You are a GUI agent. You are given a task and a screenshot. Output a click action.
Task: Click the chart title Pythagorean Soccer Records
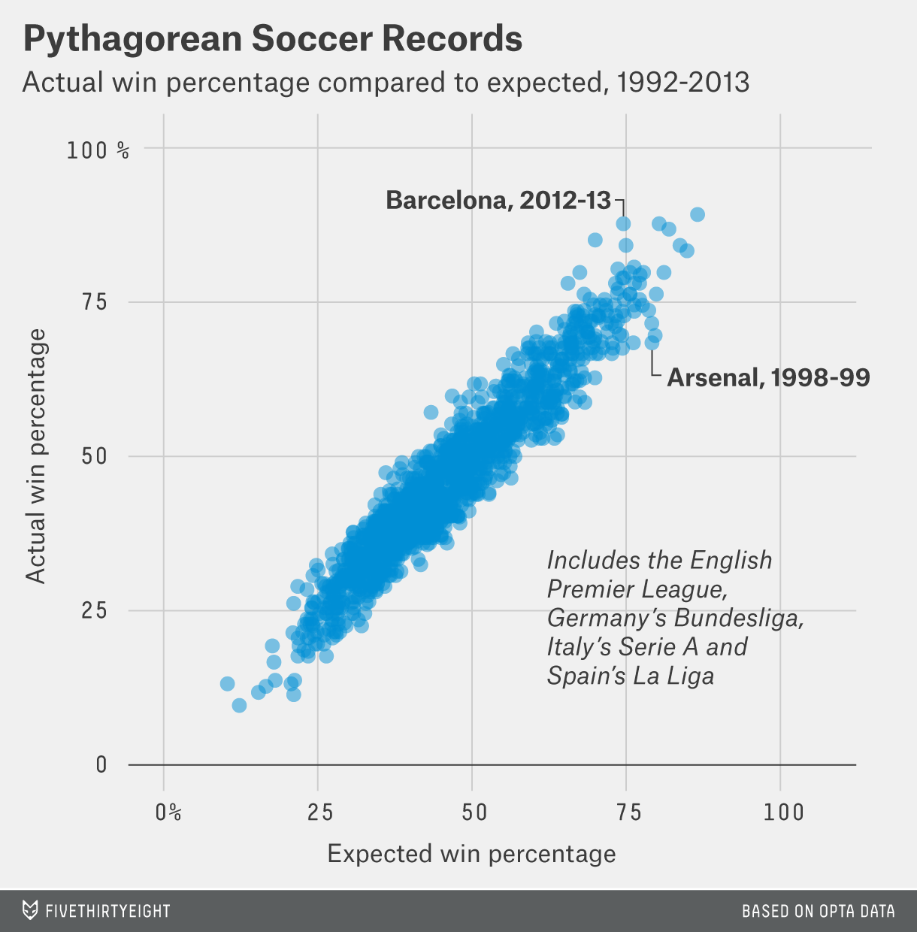[273, 39]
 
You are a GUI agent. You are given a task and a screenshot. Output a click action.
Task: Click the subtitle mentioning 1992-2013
[386, 82]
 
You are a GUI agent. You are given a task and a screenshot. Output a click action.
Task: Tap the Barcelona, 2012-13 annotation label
[498, 201]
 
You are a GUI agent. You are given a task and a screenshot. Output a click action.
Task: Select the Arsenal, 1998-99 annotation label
[768, 377]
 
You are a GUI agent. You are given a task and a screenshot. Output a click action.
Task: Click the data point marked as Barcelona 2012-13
[623, 224]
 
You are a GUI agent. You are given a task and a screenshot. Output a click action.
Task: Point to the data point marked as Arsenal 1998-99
[652, 343]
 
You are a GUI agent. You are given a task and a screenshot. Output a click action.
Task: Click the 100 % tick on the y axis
[98, 150]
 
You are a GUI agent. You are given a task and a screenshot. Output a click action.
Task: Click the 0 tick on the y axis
[101, 765]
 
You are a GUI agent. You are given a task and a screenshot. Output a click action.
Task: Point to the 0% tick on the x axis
[168, 812]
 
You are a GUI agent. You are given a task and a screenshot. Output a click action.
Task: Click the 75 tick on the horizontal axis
[625, 812]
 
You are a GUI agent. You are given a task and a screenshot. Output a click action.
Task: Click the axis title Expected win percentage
[471, 855]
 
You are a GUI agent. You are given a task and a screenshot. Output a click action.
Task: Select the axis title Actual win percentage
[36, 455]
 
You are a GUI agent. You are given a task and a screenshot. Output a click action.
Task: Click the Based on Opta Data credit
[818, 911]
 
